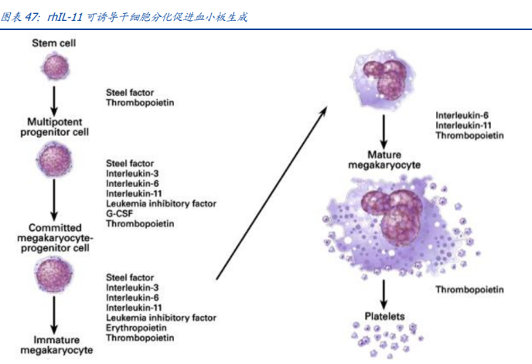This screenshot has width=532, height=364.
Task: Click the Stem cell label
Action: tap(53, 43)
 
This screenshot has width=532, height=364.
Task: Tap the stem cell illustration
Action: tap(55, 66)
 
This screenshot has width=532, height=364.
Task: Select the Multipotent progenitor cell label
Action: tap(55, 127)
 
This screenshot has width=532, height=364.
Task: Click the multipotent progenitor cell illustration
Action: tap(54, 160)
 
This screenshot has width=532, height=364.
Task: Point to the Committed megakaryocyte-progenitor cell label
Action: tap(55, 238)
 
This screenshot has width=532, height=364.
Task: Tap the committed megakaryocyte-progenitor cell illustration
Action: tap(54, 274)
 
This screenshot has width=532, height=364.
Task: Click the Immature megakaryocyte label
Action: tap(56, 345)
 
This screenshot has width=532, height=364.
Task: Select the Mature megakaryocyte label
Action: tap(384, 160)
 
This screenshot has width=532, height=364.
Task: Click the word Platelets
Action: tap(384, 316)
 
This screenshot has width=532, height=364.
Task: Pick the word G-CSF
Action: tap(119, 214)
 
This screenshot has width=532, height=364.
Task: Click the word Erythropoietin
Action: tap(136, 328)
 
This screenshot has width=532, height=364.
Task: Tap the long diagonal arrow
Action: tap(271, 192)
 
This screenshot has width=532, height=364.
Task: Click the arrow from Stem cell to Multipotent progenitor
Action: tap(54, 101)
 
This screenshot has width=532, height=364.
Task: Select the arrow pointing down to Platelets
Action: tap(384, 294)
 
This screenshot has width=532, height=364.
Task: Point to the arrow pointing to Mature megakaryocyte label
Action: tap(384, 131)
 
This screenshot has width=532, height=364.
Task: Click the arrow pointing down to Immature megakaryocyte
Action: tap(54, 315)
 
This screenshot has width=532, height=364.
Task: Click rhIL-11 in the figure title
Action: tap(65, 17)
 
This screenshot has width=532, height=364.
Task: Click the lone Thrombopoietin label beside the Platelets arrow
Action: tap(469, 289)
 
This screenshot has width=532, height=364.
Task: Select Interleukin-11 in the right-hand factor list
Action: tap(463, 125)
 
